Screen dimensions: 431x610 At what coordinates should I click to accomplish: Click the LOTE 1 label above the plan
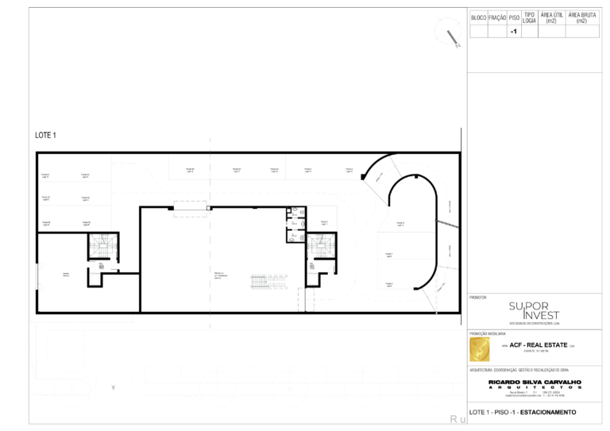coord(46,135)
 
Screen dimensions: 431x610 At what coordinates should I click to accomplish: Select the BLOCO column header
coord(478,17)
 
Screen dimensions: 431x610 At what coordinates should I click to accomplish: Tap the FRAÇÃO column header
coord(497,17)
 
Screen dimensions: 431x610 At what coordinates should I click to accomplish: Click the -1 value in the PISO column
coord(513,31)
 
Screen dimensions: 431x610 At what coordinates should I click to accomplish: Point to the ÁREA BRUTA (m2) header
coord(582,17)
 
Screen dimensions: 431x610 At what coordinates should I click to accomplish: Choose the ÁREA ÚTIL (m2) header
coord(552,17)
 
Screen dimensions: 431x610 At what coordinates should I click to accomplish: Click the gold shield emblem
coord(479,349)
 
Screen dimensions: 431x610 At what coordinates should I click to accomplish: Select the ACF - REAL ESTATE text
coord(537,346)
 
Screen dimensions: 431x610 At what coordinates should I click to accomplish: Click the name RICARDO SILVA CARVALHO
coord(535,382)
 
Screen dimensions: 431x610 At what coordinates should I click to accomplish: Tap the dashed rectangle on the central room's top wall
coord(191,208)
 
